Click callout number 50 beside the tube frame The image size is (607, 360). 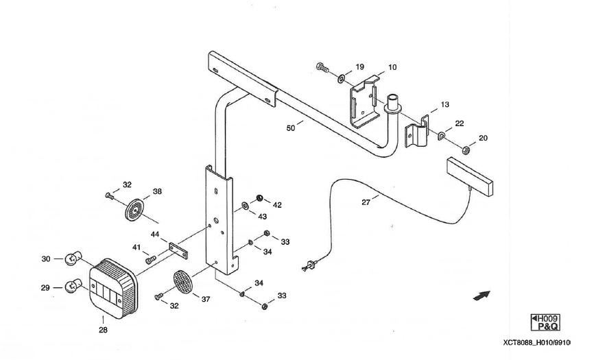(x=291, y=128)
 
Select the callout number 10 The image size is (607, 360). (x=392, y=68)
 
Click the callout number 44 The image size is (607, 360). (x=155, y=235)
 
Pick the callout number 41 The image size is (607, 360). (x=136, y=247)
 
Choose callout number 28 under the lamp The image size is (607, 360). (x=103, y=329)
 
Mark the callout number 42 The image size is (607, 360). (x=277, y=204)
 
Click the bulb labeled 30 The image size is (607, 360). (x=72, y=259)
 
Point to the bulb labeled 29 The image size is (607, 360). (x=72, y=287)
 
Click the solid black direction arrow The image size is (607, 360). (x=482, y=295)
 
